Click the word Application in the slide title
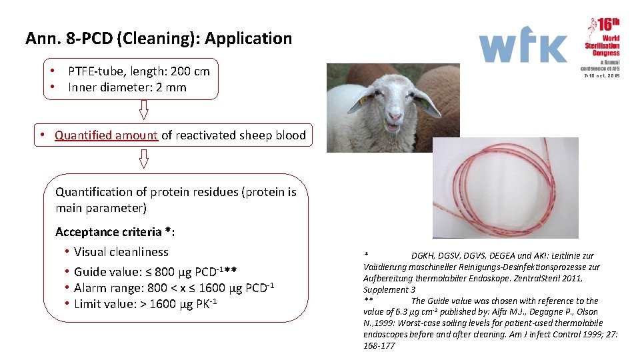click(248, 39)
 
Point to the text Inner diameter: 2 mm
click(127, 87)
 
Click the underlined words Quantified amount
click(106, 135)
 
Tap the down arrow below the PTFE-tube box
click(143, 109)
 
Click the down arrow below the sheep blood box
click(143, 158)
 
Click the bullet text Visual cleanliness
click(121, 252)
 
